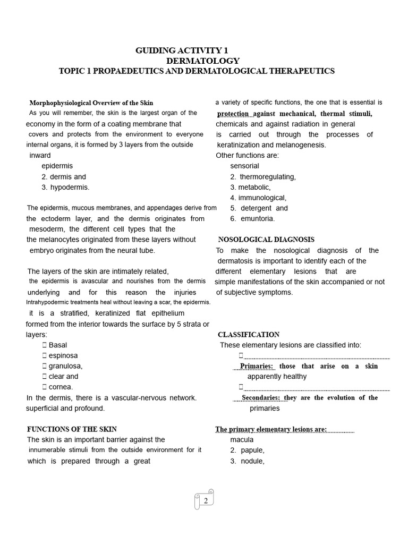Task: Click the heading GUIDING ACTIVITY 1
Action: tap(177, 50)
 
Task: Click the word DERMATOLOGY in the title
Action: tap(202, 61)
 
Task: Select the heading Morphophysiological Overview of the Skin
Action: tap(91, 103)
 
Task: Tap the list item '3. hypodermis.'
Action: tap(66, 187)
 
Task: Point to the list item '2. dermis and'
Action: tap(64, 176)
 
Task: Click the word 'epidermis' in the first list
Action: tap(57, 166)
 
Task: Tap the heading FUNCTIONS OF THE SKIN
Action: tap(72, 429)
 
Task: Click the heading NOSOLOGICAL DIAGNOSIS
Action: tap(266, 240)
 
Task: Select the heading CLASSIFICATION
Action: tap(249, 335)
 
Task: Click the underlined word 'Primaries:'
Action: tap(257, 366)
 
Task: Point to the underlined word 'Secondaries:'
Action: tap(261, 397)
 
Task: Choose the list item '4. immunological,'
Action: tap(258, 198)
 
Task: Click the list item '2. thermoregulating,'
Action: tap(263, 176)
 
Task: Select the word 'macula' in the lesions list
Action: tap(242, 439)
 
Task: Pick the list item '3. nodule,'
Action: tap(247, 461)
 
